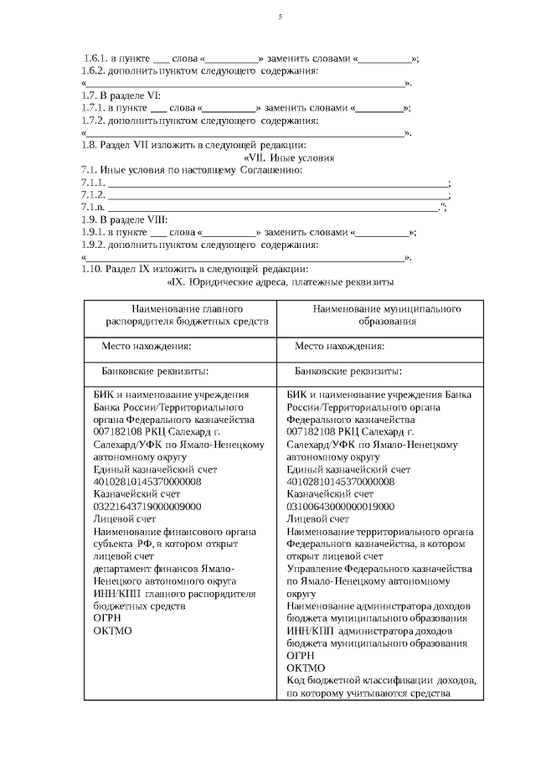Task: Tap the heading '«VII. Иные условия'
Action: (289, 157)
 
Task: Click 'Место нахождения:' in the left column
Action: (147, 346)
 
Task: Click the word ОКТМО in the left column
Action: (112, 630)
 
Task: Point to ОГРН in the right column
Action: (300, 655)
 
